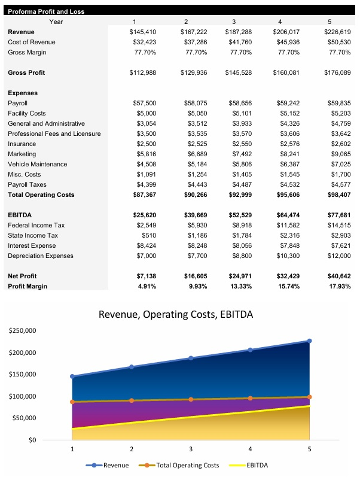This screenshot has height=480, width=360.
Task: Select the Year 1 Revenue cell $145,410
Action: [x=142, y=32]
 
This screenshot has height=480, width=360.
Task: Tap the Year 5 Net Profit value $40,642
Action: [x=337, y=276]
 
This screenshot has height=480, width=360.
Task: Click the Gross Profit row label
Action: [x=27, y=72]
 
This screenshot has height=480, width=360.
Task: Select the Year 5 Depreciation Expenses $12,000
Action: [x=337, y=256]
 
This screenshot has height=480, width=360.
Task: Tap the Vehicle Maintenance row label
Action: [x=37, y=164]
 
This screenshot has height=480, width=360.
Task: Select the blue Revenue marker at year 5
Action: [x=309, y=341]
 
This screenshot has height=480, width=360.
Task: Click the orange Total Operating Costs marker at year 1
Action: [x=72, y=402]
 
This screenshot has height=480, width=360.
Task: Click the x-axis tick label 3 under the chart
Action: [x=191, y=448]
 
